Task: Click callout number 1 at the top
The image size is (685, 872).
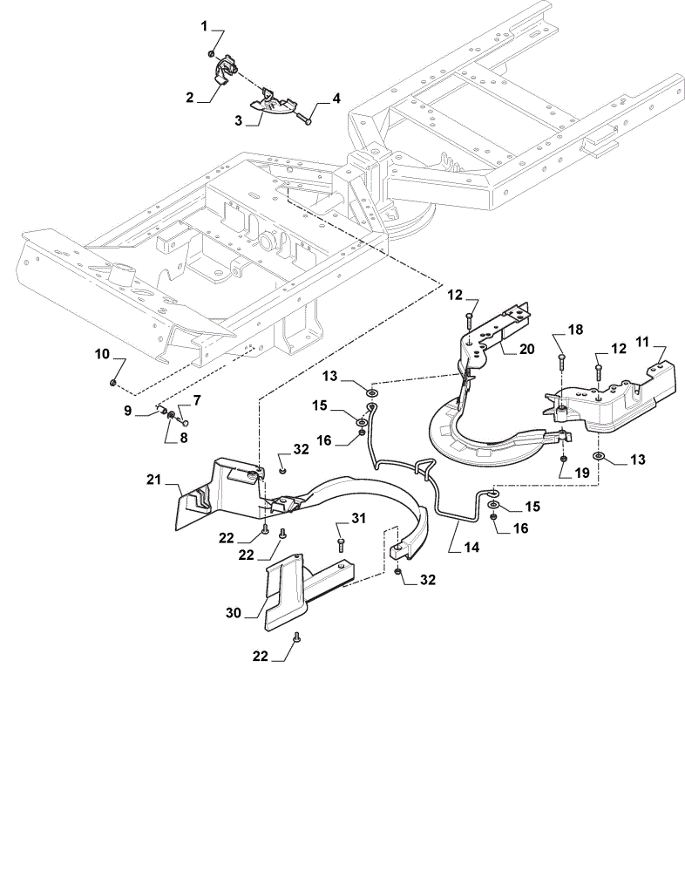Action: pos(204,25)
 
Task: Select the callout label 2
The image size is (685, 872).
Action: pos(190,98)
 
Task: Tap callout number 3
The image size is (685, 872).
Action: pos(239,120)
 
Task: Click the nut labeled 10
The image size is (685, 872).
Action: pos(112,382)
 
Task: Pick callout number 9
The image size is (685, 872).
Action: pos(128,411)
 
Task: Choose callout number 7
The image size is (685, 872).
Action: pos(197,400)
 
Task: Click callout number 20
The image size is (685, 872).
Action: pos(526,349)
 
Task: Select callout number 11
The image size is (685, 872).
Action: pos(642,342)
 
